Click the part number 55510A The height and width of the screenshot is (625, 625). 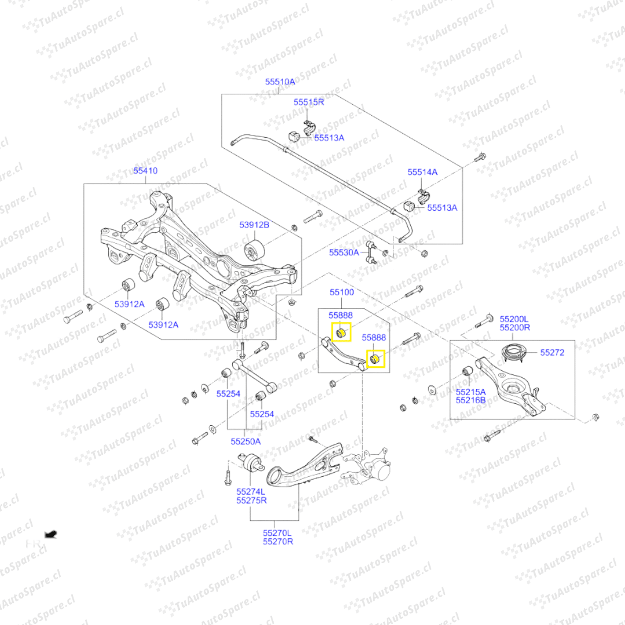pyautogui.click(x=280, y=82)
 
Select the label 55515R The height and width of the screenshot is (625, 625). pyautogui.click(x=308, y=102)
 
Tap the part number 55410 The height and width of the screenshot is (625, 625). pyautogui.click(x=145, y=171)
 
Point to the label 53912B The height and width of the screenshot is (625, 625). pyautogui.click(x=255, y=225)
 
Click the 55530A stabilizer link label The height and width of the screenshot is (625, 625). pyautogui.click(x=344, y=252)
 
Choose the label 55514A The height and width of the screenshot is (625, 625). pyautogui.click(x=422, y=172)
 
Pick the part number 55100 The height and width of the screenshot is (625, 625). pyautogui.click(x=341, y=293)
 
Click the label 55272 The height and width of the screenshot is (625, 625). pyautogui.click(x=553, y=352)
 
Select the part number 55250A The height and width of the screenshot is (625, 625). pyautogui.click(x=245, y=441)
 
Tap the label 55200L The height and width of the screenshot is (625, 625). pyautogui.click(x=515, y=319)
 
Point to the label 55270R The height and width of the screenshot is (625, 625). pyautogui.click(x=278, y=542)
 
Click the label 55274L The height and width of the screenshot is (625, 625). pyautogui.click(x=251, y=491)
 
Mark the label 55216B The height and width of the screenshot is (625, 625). pyautogui.click(x=470, y=400)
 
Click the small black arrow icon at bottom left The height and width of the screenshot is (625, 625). pyautogui.click(x=51, y=534)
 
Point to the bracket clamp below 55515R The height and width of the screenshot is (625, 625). pyautogui.click(x=310, y=127)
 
